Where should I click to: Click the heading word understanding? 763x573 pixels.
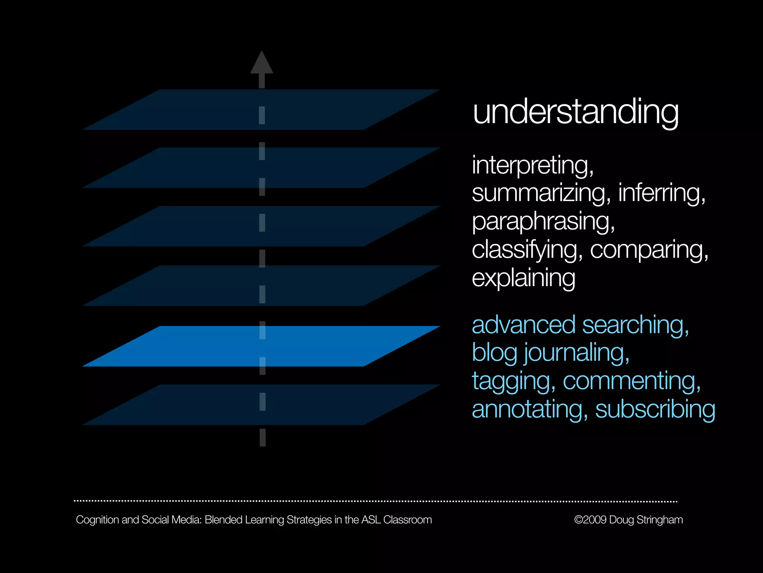575,112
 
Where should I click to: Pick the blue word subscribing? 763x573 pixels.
655,409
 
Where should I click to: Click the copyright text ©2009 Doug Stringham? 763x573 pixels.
628,520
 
